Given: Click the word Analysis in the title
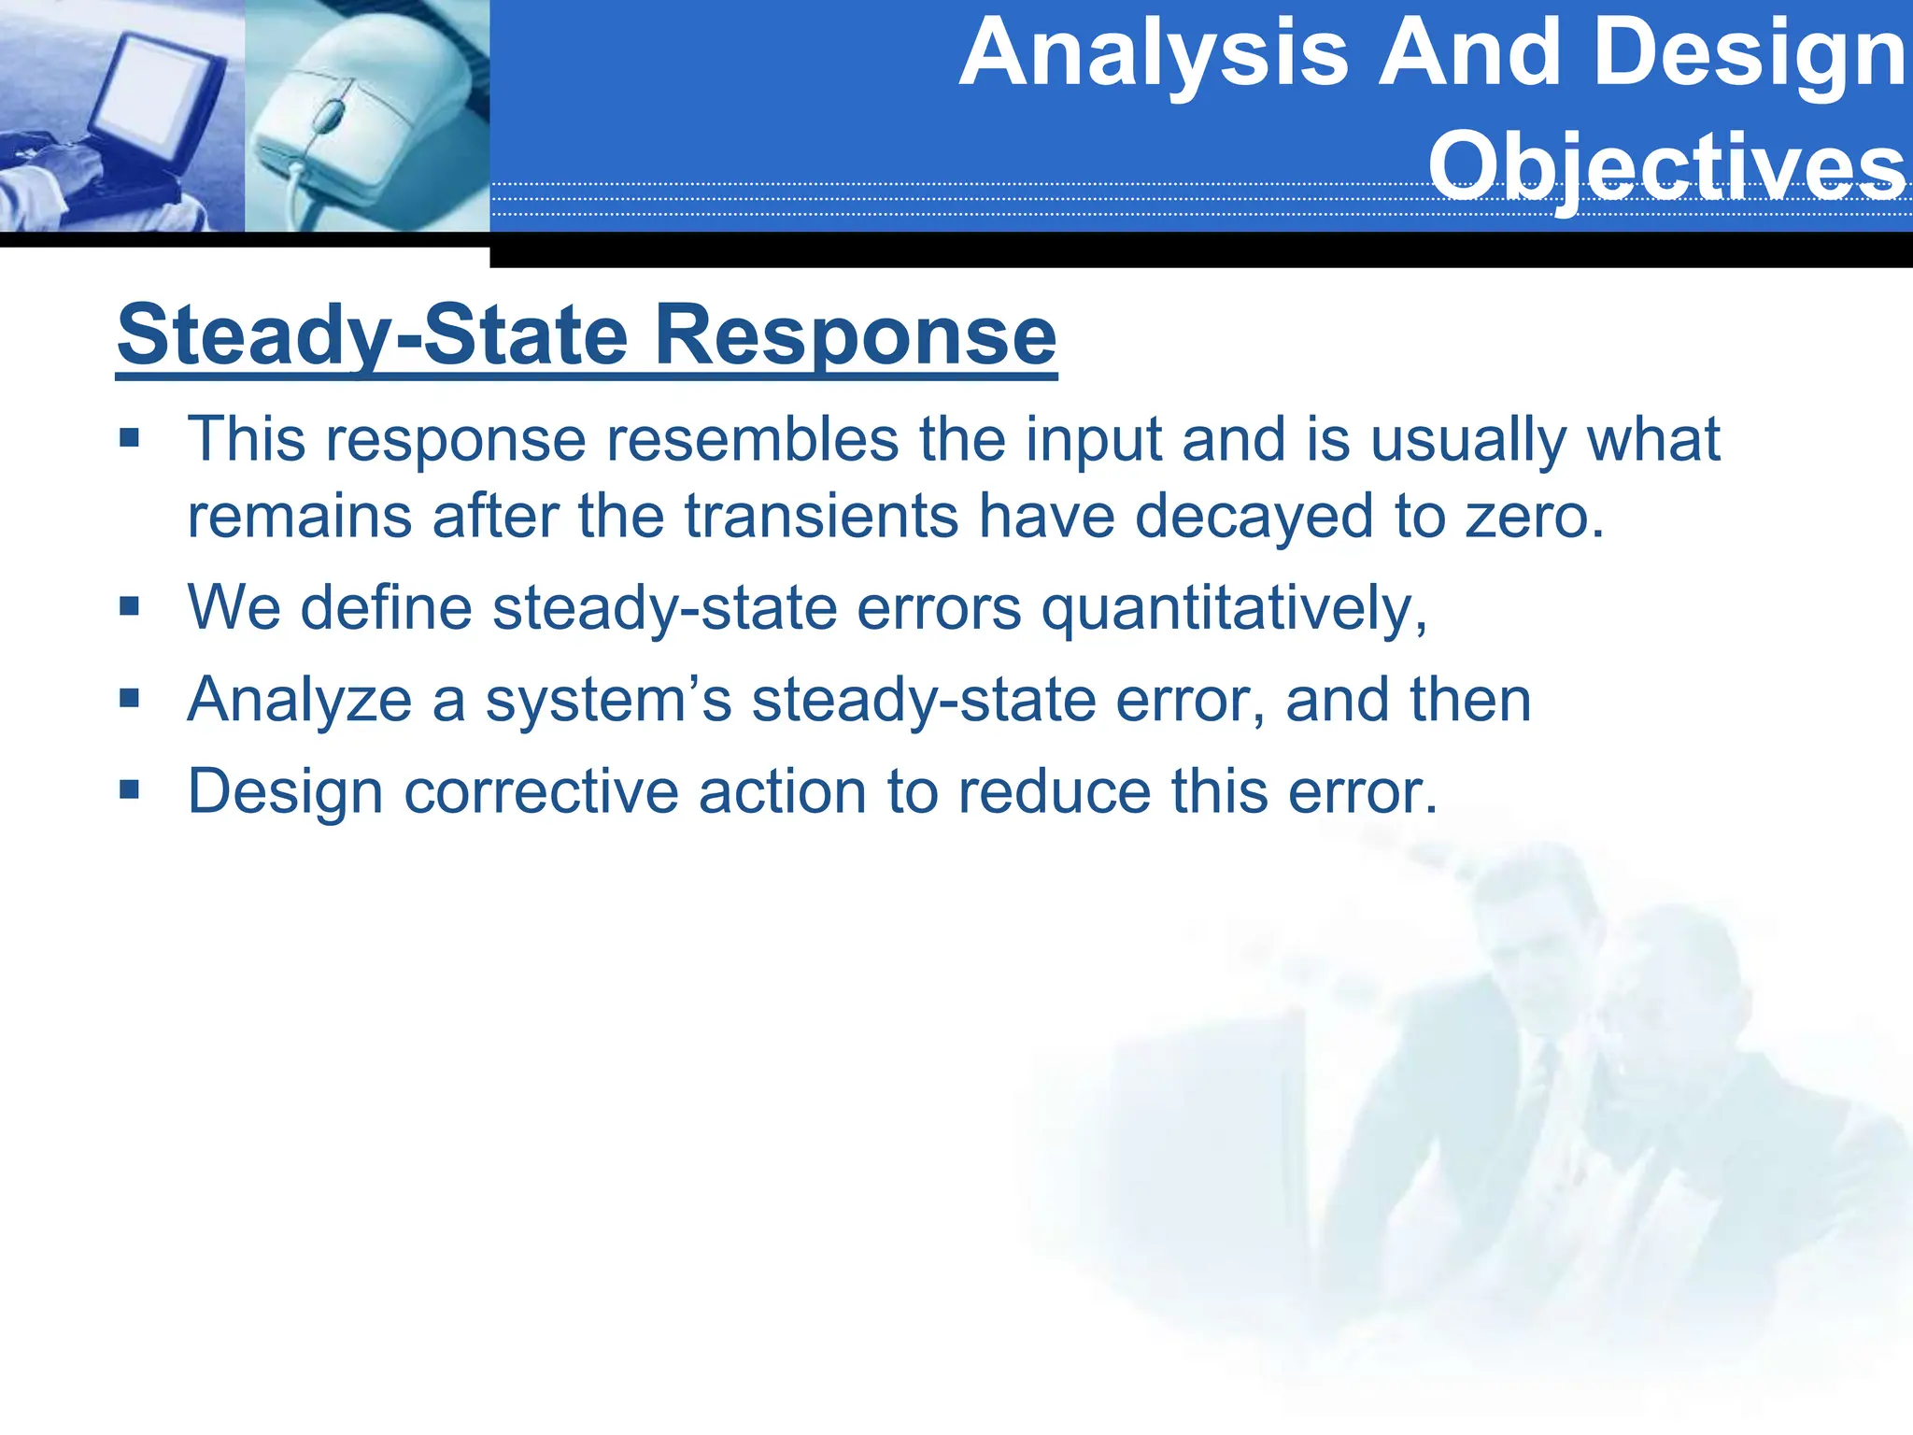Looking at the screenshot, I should tap(1155, 54).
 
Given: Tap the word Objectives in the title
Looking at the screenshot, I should tap(1667, 166).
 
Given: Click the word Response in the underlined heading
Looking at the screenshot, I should tap(855, 335).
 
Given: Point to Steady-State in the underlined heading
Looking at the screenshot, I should tap(373, 335).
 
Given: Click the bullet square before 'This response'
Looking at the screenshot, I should tap(129, 437).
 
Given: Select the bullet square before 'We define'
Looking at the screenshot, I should tap(129, 607).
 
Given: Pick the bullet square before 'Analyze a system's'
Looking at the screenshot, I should tap(129, 698).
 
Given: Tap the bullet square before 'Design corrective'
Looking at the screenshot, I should tap(129, 790).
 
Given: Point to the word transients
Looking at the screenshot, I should tap(821, 516).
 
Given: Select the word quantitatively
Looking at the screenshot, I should tap(1234, 608).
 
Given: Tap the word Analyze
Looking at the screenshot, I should tap(299, 700).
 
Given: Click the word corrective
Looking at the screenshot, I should tap(541, 791).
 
